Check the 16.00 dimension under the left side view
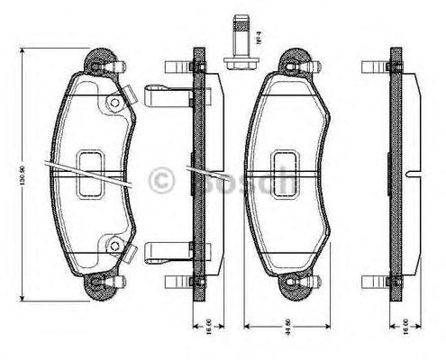pos(209,325)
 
